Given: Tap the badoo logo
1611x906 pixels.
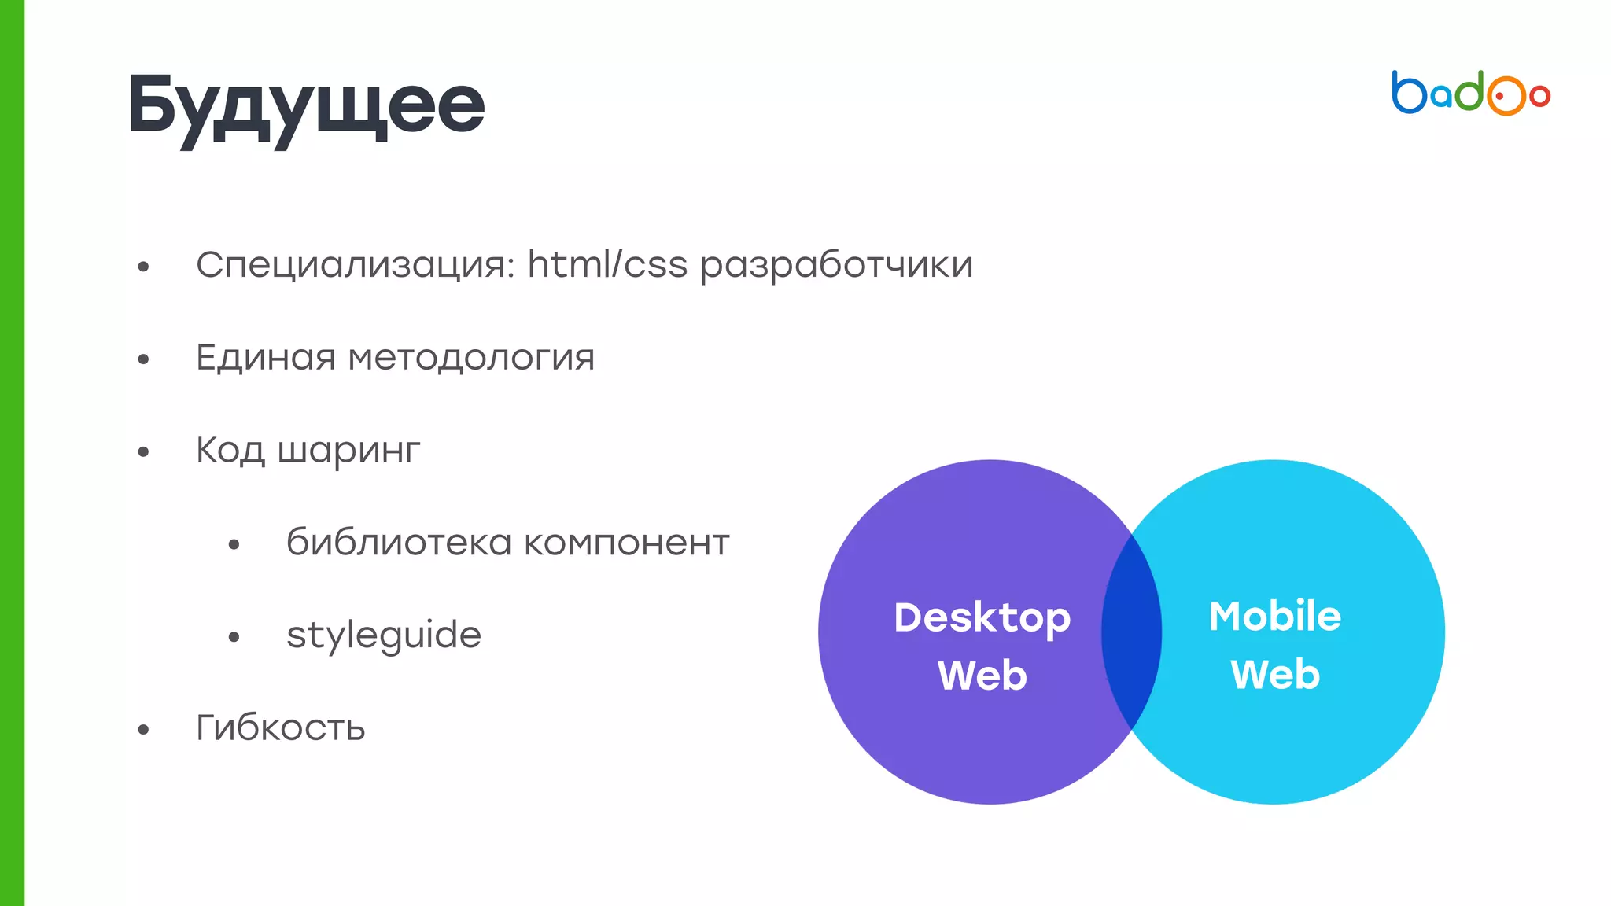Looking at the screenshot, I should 1470,94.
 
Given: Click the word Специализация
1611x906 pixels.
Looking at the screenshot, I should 355,265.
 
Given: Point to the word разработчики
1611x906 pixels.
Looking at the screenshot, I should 836,265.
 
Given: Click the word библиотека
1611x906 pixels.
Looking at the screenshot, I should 399,543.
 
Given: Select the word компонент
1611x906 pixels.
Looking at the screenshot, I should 626,543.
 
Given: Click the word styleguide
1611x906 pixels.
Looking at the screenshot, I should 384,635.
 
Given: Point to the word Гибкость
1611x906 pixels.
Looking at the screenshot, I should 281,727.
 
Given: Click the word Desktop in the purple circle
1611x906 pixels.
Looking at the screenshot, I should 982,618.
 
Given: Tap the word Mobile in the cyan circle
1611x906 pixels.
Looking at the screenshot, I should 1274,616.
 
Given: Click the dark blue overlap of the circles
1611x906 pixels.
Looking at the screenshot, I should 1131,632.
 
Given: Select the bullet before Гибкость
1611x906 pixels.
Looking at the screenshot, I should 143,730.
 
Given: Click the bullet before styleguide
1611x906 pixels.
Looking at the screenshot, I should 234,637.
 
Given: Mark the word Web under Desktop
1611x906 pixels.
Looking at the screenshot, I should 982,676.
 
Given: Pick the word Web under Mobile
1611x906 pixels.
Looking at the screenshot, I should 1274,675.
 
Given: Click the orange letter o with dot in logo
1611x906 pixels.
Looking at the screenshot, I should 1505,96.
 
